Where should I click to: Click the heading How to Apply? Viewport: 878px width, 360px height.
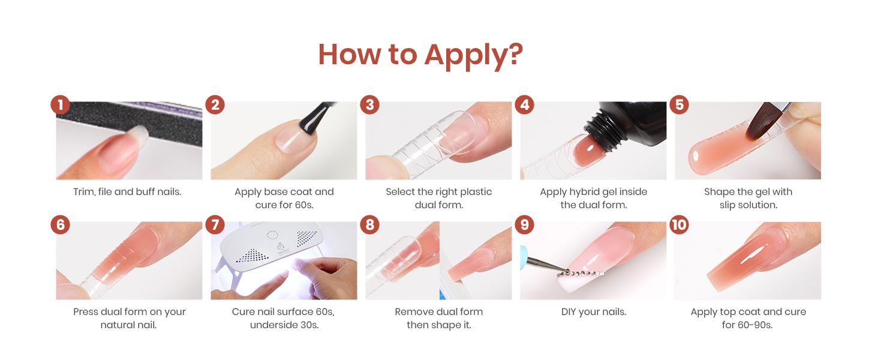click(420, 54)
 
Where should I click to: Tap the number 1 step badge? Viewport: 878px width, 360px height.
click(60, 105)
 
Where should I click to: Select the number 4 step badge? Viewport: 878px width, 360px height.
click(525, 105)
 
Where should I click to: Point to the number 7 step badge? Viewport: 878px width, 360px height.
click(215, 225)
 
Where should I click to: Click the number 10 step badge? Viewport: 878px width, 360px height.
click(679, 225)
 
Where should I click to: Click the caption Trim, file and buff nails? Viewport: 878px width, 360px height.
click(127, 192)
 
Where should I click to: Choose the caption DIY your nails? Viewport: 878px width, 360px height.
click(594, 312)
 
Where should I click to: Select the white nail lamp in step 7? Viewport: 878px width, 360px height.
click(264, 252)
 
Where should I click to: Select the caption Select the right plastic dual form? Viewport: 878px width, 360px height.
click(438, 198)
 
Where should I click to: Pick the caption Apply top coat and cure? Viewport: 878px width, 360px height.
click(748, 312)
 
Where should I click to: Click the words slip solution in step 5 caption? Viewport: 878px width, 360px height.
click(748, 205)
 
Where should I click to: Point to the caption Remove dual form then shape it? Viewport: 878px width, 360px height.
click(438, 319)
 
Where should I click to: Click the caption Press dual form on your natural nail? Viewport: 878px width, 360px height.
click(129, 319)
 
